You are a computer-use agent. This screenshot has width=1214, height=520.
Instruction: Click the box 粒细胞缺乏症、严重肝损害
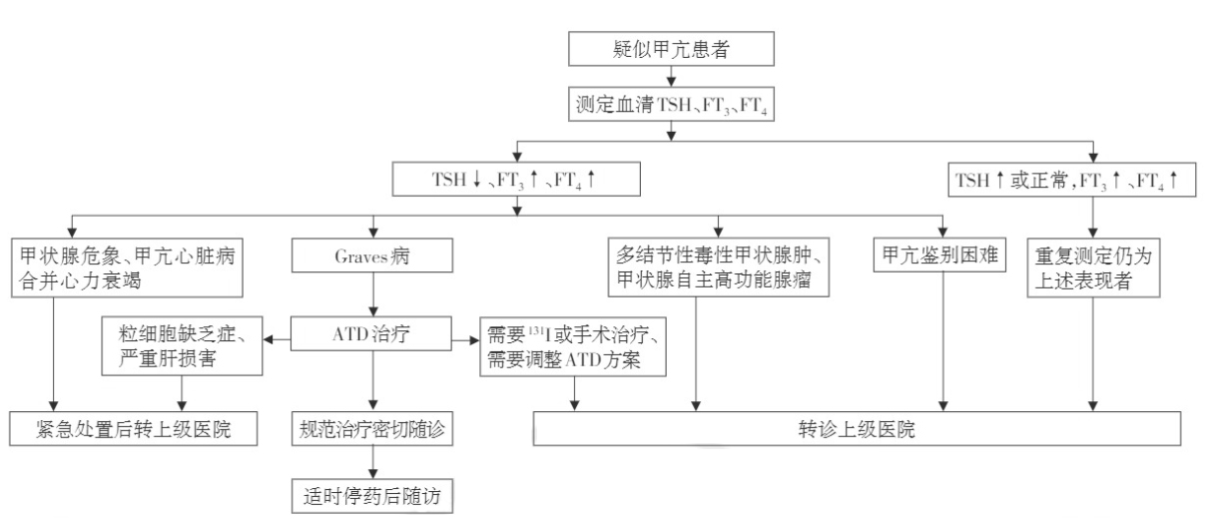tap(182, 344)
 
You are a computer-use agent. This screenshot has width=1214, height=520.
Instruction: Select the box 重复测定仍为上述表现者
tap(1094, 268)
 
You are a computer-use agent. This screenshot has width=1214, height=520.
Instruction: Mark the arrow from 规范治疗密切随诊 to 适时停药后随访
tap(373, 462)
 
